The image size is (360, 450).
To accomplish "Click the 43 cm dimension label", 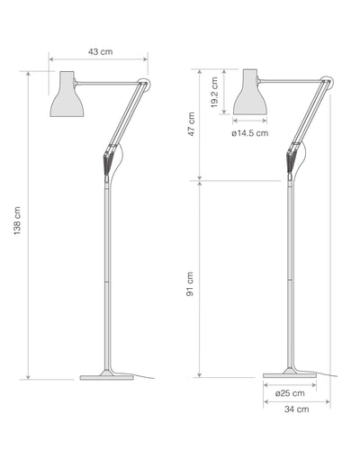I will pos(100,51).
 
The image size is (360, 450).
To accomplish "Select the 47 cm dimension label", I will pos(190,124).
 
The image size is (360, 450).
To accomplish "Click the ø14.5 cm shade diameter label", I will pos(249,133).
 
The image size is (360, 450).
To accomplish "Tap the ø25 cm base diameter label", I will pos(290,392).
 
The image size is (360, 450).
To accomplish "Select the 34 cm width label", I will pos(296,409).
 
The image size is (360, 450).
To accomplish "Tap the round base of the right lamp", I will pos(289,373).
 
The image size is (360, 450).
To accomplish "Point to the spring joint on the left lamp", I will pos(108,162).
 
